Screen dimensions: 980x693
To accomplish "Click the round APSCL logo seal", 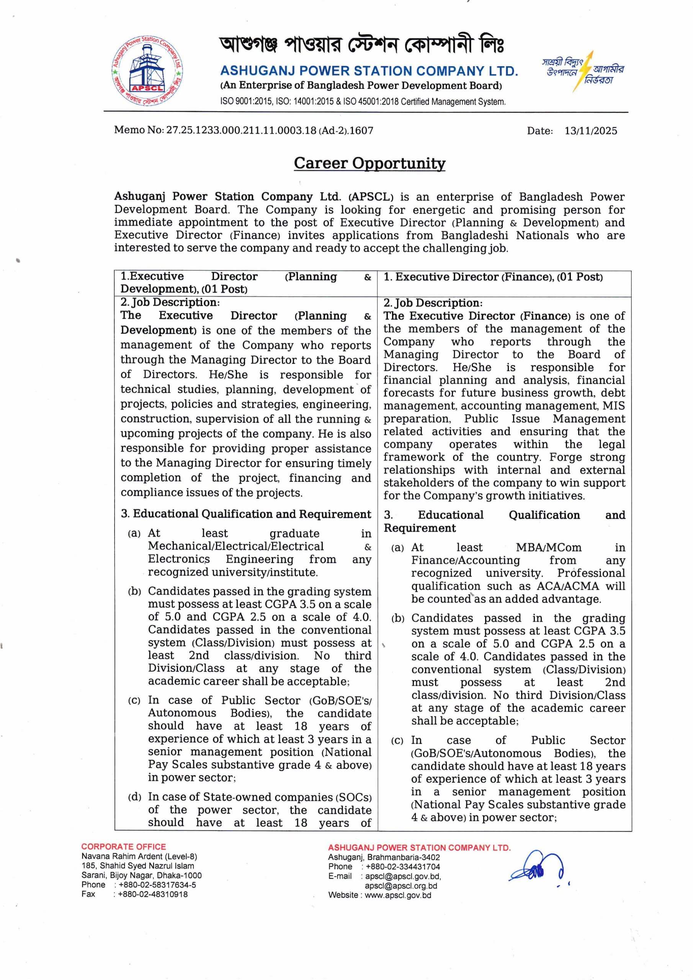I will click(x=147, y=74).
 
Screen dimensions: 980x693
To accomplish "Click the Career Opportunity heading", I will click(x=369, y=163).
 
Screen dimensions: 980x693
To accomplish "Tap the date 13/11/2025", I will click(x=590, y=131).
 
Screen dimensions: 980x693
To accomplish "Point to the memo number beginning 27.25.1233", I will click(x=270, y=131).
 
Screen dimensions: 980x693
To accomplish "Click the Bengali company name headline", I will click(x=361, y=45).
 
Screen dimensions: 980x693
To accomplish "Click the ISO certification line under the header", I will click(x=363, y=102).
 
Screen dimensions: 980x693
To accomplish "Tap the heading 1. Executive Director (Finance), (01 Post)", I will click(x=493, y=277).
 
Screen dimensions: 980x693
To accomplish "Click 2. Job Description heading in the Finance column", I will click(x=433, y=303).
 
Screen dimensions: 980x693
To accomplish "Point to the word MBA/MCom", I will click(x=548, y=548).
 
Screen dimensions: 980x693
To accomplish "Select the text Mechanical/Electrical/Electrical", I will click(x=236, y=546).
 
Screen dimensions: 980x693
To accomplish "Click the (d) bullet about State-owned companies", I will click(x=134, y=797).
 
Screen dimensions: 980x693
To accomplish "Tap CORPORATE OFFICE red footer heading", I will click(x=123, y=847).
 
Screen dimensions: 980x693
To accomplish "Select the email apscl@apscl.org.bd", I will click(x=400, y=886).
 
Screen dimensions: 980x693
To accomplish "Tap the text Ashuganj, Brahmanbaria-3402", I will click(x=383, y=857).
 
